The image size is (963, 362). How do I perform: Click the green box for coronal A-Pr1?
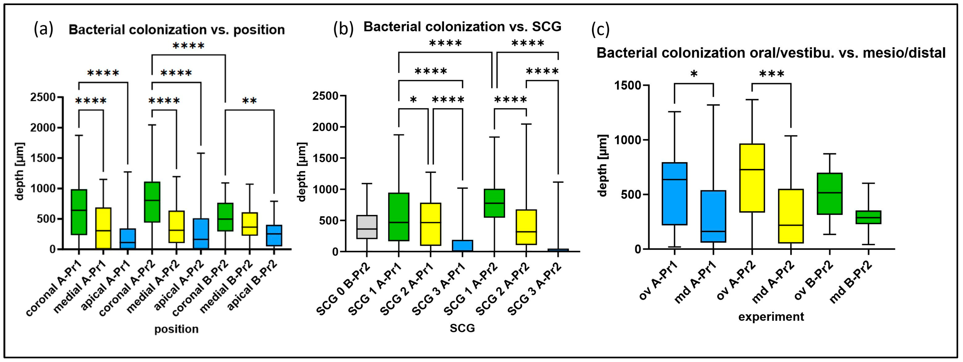click(79, 212)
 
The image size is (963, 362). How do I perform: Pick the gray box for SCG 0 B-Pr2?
click(367, 227)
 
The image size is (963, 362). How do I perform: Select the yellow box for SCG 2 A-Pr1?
click(431, 224)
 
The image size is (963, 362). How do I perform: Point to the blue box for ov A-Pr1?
click(674, 193)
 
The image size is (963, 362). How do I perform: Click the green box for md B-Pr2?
click(868, 217)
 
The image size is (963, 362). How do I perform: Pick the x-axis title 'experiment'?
click(771, 317)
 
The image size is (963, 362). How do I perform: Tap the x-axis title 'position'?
click(176, 329)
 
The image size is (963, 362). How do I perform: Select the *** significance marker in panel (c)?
click(772, 75)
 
